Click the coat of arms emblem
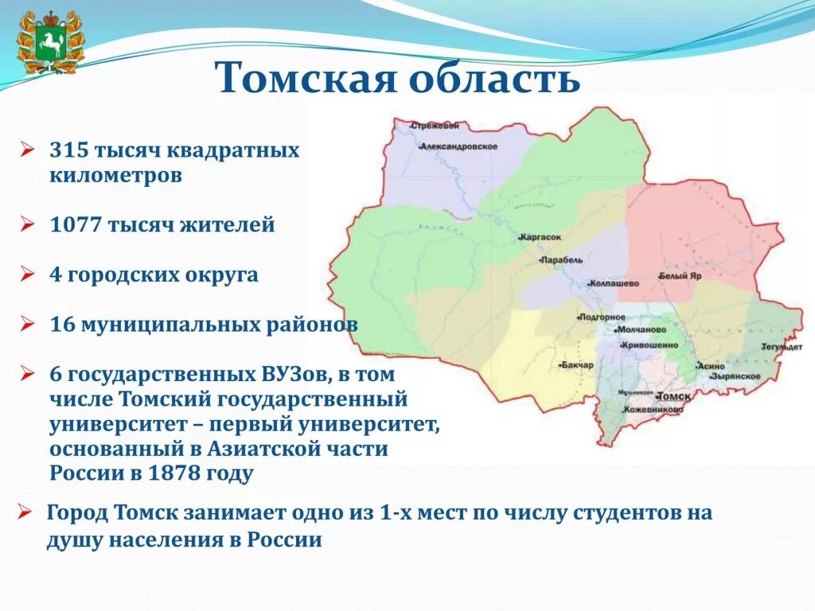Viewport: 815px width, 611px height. [49, 41]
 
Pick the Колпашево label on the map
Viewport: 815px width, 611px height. [614, 283]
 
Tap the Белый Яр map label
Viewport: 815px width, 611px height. [680, 277]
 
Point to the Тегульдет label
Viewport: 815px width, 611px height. [781, 347]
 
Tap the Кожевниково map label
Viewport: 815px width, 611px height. [653, 409]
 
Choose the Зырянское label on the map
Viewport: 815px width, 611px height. [737, 376]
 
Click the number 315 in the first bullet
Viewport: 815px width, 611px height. [68, 150]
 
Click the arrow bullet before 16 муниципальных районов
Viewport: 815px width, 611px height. [26, 325]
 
